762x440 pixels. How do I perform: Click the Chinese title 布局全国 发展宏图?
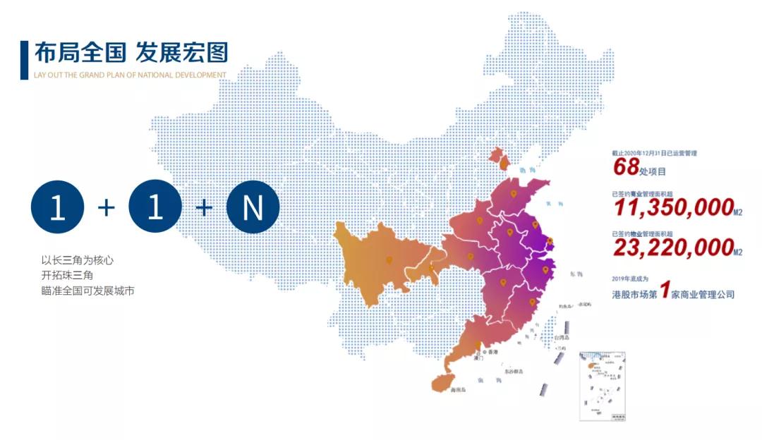coord(131,52)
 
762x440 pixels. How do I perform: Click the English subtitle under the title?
coord(131,75)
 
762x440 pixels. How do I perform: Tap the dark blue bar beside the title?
coord(24,59)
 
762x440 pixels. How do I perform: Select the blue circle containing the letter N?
coord(253,207)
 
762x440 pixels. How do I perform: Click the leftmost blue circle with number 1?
coord(57,207)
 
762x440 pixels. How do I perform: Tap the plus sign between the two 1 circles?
coord(106,207)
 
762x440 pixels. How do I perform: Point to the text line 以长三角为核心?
coord(78,259)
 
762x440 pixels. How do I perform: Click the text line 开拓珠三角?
coord(68,275)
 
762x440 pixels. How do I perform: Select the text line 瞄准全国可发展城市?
coord(88,291)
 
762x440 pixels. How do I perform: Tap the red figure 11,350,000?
coord(673,207)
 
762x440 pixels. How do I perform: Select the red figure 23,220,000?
coord(673,247)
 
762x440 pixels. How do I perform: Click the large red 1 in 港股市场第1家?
coord(665,291)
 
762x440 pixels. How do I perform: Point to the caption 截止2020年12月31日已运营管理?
coord(654,153)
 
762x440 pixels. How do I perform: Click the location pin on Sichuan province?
coord(389,261)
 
